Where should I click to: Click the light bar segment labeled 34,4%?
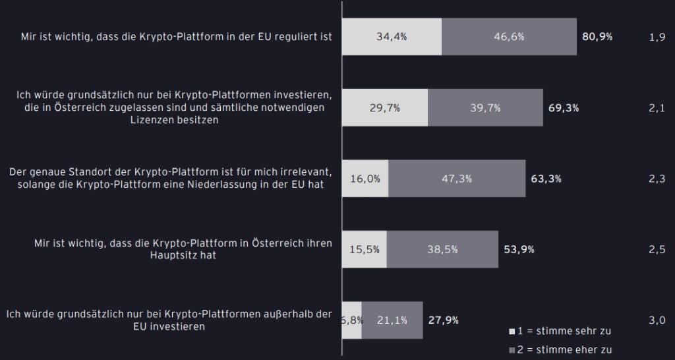(392, 37)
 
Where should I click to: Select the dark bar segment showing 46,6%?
(509, 37)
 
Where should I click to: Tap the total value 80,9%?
(597, 37)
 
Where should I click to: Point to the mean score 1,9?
(657, 37)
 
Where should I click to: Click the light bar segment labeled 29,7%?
(385, 108)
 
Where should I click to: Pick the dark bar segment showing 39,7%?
(485, 108)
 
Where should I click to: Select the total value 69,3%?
(564, 108)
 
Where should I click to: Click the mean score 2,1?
(657, 108)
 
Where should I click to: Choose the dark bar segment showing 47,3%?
(457, 178)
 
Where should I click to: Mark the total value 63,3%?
(546, 178)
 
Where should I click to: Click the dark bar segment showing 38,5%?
(442, 249)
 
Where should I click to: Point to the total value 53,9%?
(519, 249)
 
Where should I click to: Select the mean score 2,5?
(657, 249)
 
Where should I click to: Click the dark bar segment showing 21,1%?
(392, 320)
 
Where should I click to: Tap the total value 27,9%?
(443, 320)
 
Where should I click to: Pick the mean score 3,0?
(657, 320)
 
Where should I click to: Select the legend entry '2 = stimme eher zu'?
(561, 350)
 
